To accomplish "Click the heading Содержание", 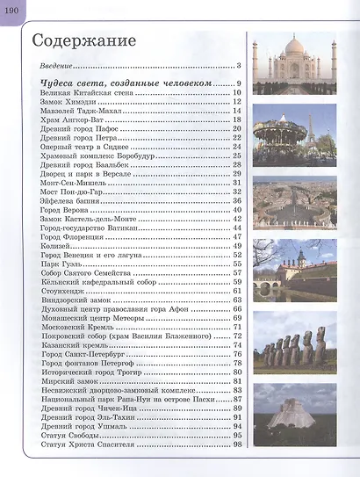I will click(83, 41).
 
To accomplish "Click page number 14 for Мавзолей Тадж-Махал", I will click(237, 111).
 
